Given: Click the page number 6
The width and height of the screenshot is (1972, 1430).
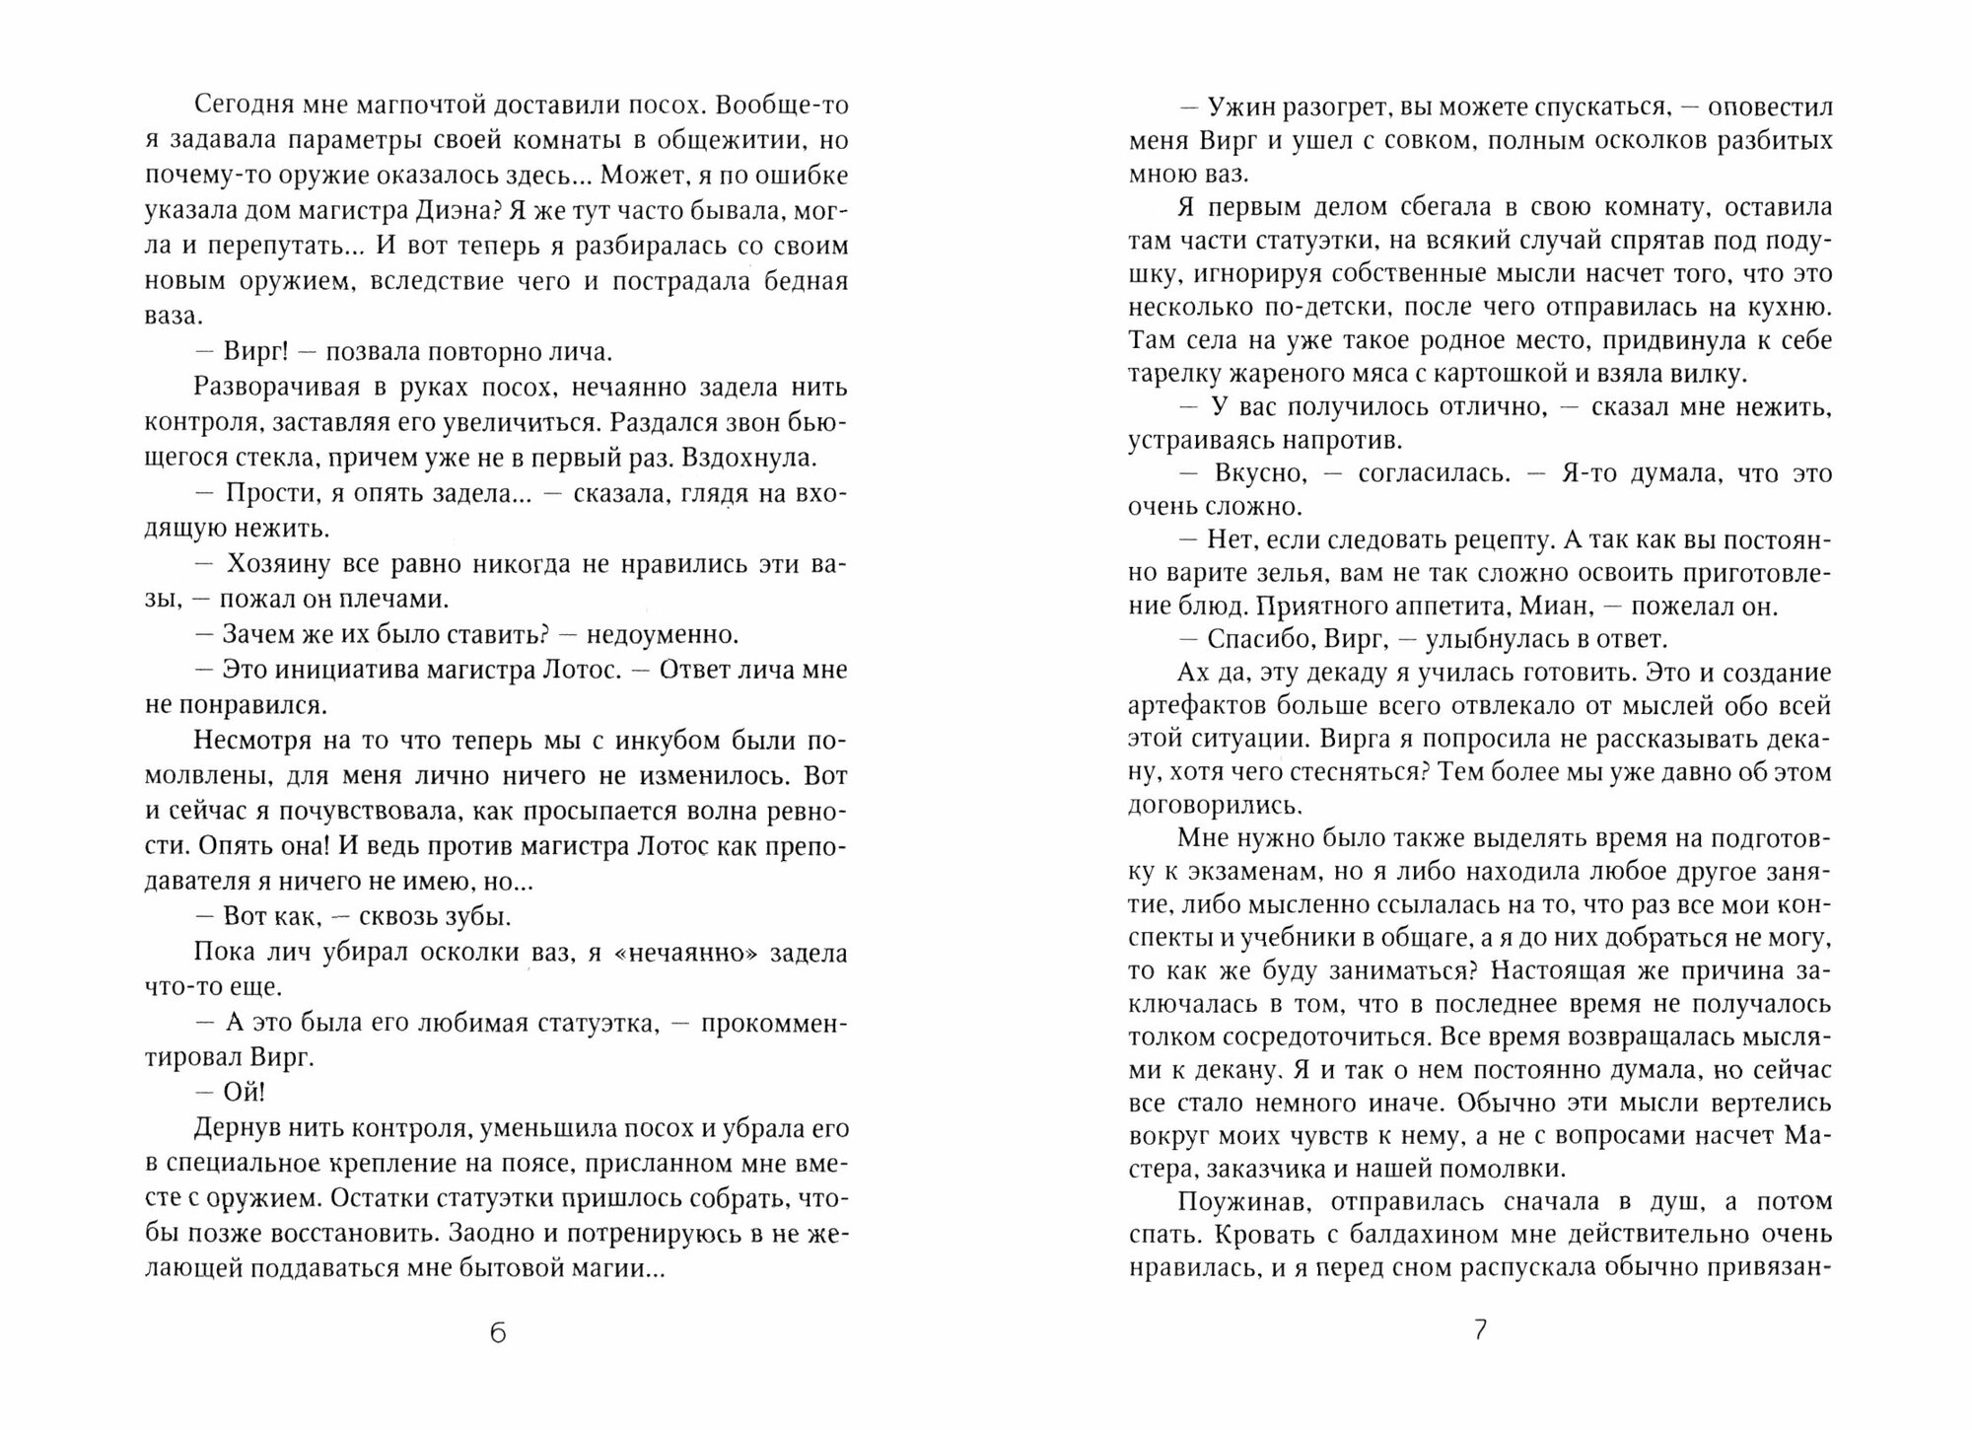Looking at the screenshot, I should click(497, 1333).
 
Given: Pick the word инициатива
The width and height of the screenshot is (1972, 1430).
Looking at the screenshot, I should click(344, 670).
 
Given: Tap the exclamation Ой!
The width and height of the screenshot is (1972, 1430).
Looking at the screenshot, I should click(244, 1093).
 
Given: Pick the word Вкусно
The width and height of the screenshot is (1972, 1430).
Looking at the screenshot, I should click(1260, 473).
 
